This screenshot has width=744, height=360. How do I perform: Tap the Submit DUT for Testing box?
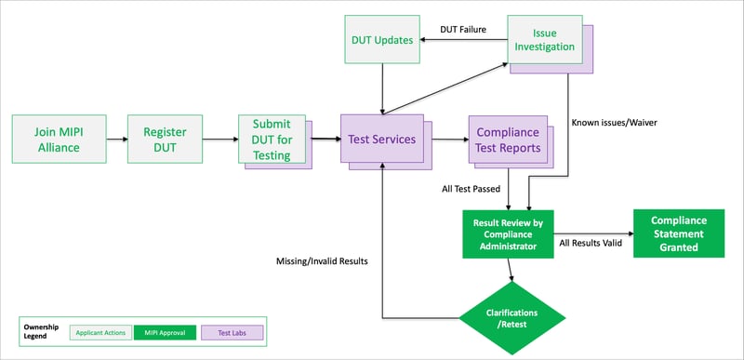[x=272, y=140]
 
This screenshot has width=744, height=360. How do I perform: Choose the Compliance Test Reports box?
[x=503, y=140]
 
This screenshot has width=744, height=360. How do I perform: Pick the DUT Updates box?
[x=382, y=39]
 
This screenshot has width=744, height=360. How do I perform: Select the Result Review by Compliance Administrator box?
[x=508, y=233]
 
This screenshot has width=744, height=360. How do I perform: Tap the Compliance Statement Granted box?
[x=679, y=233]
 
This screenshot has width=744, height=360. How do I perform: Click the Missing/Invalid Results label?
[x=322, y=261]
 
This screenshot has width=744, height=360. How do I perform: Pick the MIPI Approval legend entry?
[x=164, y=331]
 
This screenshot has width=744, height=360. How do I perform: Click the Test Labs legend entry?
[x=232, y=331]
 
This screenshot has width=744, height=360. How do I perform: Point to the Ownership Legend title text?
[x=40, y=331]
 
